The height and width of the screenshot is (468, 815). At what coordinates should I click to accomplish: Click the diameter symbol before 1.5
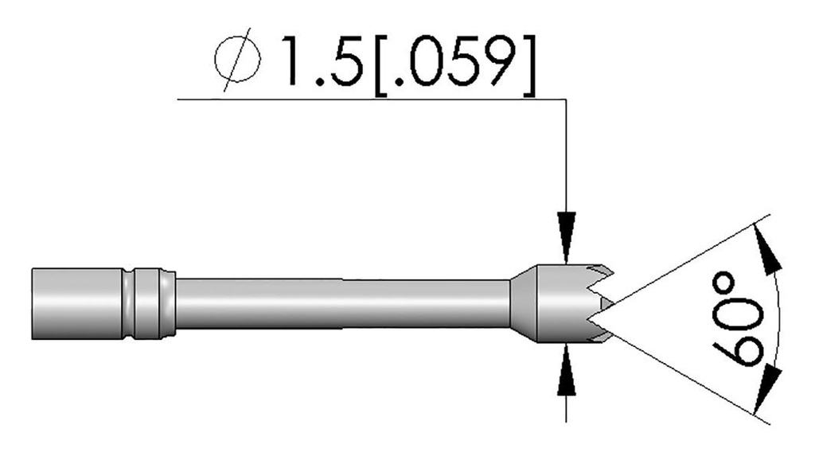[238, 60]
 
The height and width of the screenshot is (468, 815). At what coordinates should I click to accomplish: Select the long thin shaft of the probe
[342, 304]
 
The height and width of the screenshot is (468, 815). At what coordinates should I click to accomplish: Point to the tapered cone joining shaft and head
[523, 304]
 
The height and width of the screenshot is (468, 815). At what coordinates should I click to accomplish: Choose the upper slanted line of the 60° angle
[684, 263]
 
